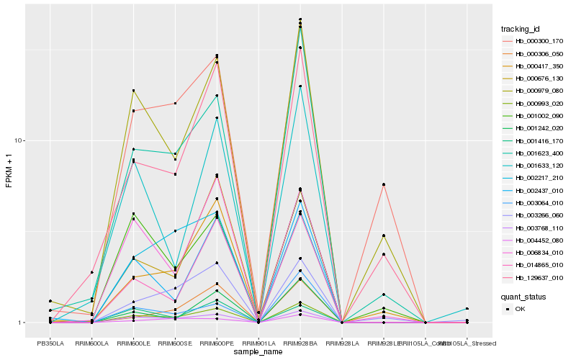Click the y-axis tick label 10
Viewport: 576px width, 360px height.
20,141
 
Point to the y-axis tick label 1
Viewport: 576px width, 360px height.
22,323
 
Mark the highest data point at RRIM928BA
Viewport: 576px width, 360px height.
300,19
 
